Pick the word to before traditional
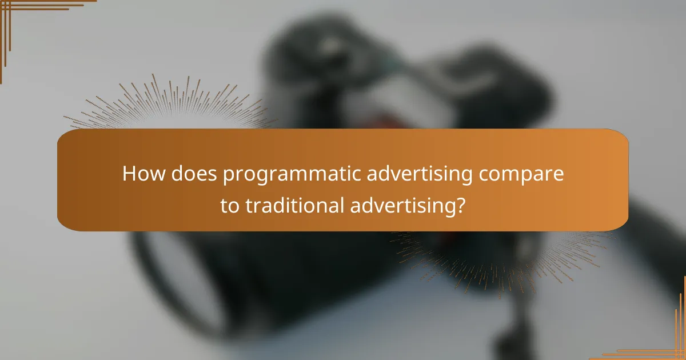230,206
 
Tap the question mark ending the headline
460,206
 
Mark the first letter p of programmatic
228,177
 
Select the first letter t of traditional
248,206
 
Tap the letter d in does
174,174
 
